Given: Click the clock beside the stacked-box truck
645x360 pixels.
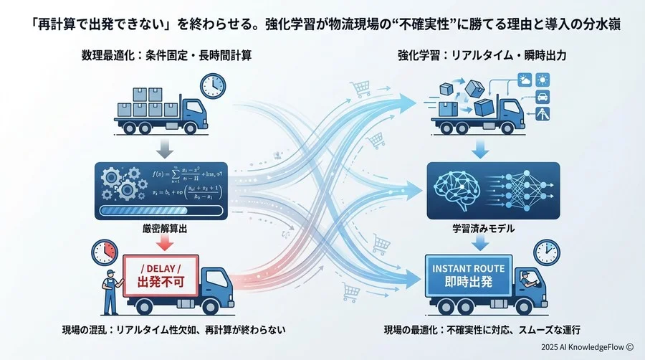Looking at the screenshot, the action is click(212, 87).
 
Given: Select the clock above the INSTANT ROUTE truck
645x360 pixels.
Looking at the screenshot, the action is click(547, 252).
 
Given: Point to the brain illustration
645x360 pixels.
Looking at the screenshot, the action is click(459, 189).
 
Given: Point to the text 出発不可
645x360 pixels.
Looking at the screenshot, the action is click(161, 282).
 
